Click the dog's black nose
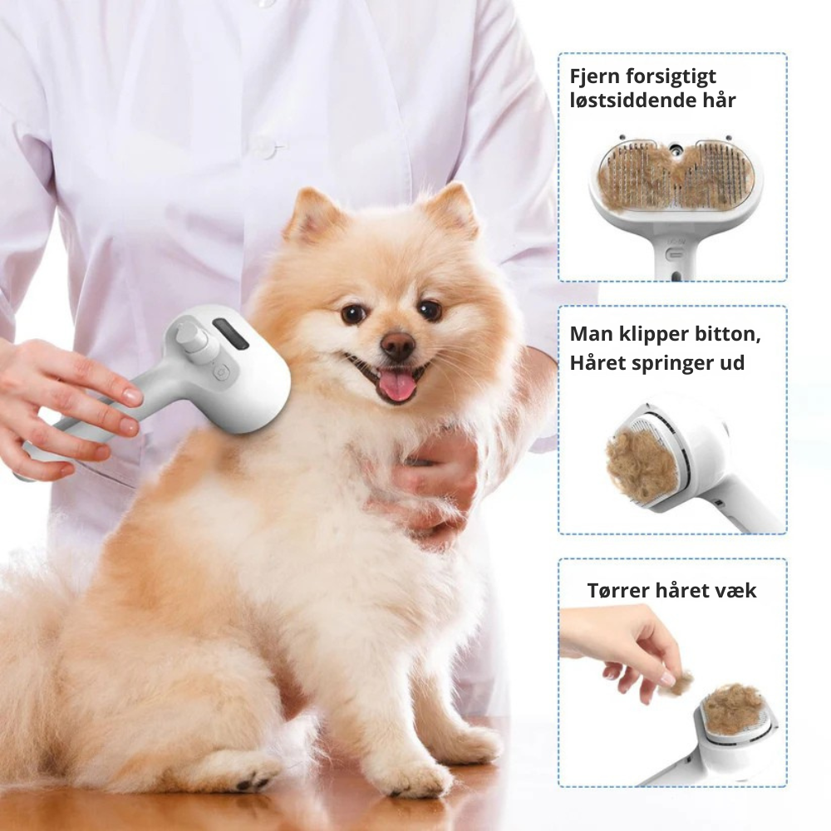coord(398,344)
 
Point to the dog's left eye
coord(353,313)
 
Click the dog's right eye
coord(430,310)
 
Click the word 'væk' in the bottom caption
coord(737,591)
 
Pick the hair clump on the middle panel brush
coord(642,466)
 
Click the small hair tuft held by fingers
coord(681,683)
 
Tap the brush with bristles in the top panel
coord(674,177)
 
